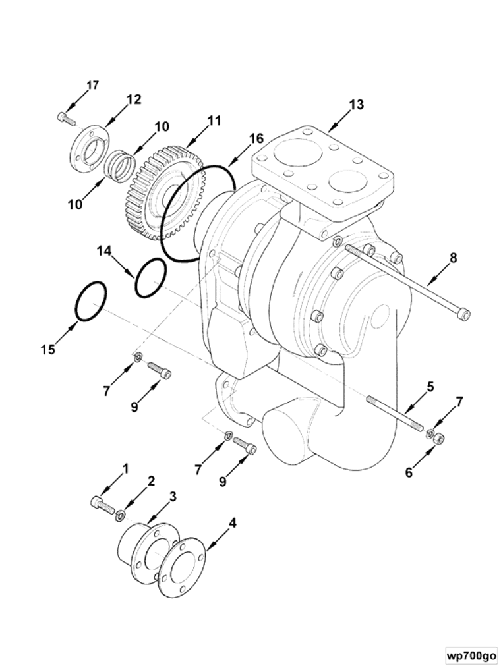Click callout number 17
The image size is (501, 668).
[x=92, y=85]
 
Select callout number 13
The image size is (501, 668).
[x=357, y=105]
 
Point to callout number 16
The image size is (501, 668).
[x=256, y=138]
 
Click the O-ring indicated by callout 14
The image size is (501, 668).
[x=150, y=278]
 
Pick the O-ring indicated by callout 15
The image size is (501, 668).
[x=91, y=301]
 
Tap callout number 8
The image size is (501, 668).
[x=454, y=258]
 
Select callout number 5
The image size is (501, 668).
[x=430, y=387]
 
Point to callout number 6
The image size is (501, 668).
[x=409, y=472]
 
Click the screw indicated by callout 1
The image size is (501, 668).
[x=102, y=504]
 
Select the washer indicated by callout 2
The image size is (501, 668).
[x=121, y=516]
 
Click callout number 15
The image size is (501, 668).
[x=48, y=350]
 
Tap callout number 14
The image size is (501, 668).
[x=103, y=250]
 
